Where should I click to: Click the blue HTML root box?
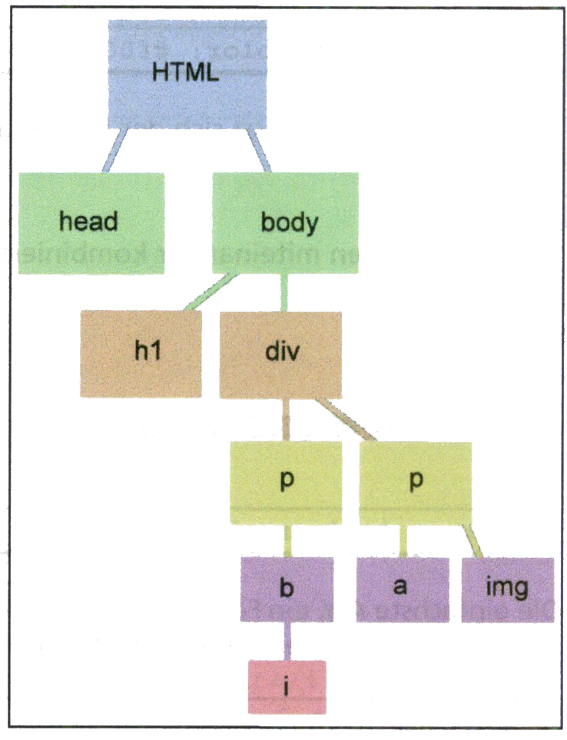[187, 74]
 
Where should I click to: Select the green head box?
[91, 223]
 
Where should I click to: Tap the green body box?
[285, 223]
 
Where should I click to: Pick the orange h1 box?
[141, 353]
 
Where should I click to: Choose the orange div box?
[280, 355]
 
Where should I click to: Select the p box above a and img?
[416, 484]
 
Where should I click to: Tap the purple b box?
[287, 589]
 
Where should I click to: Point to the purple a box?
[403, 590]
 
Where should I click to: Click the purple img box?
[508, 590]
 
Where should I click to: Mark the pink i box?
[287, 687]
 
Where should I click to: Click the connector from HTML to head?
[114, 151]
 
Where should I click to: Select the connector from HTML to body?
[259, 151]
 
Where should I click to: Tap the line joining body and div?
[284, 292]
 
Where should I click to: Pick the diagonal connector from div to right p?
[345, 420]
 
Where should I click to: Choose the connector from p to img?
[472, 541]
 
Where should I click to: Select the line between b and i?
[287, 641]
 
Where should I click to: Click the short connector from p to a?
[403, 541]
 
